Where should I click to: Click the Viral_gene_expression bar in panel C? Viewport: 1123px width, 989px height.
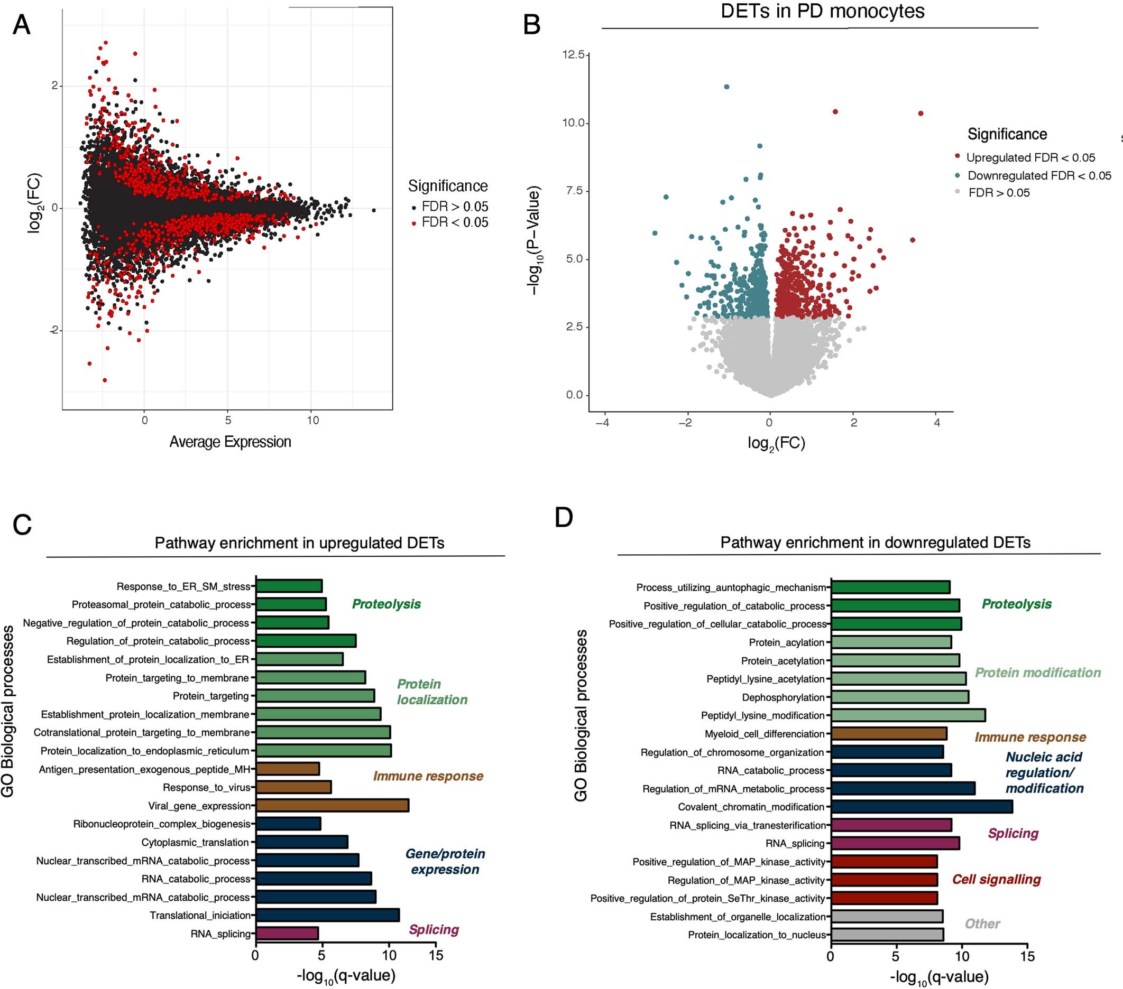pos(332,806)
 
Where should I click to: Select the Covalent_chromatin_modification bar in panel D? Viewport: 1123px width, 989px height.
pos(922,807)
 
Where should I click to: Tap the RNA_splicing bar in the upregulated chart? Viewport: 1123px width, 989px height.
pos(287,934)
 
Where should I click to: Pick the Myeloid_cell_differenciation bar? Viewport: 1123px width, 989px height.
pos(888,734)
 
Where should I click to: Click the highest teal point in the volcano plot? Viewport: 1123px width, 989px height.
pos(726,87)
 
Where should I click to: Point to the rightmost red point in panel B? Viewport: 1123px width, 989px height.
pos(921,114)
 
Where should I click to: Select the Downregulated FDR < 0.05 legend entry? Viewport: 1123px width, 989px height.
pos(1038,176)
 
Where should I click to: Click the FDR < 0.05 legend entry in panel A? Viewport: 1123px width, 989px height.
pos(454,222)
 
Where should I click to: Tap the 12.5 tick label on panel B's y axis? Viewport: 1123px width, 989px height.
pos(573,54)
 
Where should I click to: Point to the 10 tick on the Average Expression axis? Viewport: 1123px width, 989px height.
pos(312,420)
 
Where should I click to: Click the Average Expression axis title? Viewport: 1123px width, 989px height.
pos(229,442)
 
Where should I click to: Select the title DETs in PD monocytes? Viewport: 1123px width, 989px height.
pos(822,12)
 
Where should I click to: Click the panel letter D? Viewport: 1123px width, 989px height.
pos(564,518)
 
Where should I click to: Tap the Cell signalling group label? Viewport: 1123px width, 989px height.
pos(996,879)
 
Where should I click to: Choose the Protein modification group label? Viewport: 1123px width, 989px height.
pos(1037,673)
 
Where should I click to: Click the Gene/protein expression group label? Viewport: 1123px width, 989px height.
pos(445,862)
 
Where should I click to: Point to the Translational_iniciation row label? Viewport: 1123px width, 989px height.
pos(200,916)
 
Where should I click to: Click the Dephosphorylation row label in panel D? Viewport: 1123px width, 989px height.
pos(783,697)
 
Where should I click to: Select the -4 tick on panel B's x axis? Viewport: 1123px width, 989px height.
pos(603,423)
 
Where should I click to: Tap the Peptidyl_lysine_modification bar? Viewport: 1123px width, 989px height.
pos(908,715)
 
